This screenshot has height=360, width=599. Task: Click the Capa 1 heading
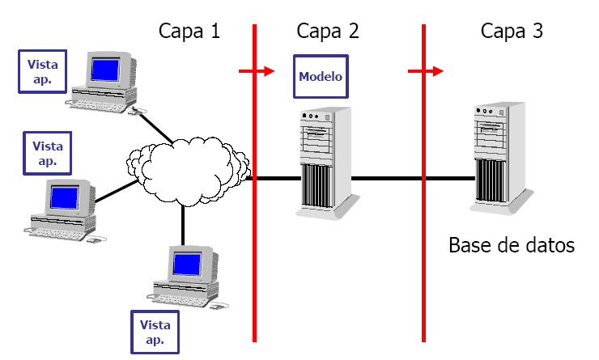coord(189,32)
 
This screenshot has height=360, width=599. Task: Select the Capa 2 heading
coord(328,32)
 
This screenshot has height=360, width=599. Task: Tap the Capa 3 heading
coord(512,32)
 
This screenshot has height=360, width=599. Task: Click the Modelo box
coord(321,77)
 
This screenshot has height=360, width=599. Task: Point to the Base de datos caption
coord(512,244)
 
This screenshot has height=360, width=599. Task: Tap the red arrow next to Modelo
coord(257,72)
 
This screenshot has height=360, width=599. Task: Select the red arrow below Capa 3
coord(426,72)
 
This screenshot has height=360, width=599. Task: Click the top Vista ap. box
coord(43,70)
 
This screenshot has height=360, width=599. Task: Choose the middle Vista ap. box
coord(47,152)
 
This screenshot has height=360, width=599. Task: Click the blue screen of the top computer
coord(104,70)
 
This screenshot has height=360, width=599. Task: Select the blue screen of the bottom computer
coord(188,264)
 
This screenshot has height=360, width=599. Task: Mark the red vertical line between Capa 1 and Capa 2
coord(254,243)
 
